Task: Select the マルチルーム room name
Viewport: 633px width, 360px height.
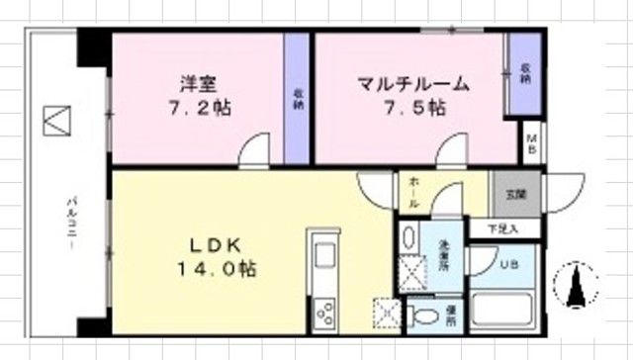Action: [413, 84]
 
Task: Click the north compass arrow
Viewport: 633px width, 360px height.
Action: [576, 286]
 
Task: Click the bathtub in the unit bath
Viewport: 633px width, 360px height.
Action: [504, 312]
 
